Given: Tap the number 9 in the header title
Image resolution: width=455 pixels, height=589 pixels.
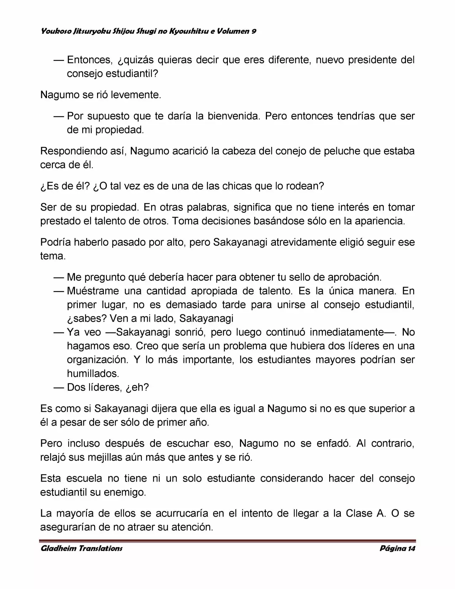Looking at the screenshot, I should pyautogui.click(x=254, y=31).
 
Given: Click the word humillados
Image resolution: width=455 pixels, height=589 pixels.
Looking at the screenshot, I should pyautogui.click(x=93, y=373).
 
